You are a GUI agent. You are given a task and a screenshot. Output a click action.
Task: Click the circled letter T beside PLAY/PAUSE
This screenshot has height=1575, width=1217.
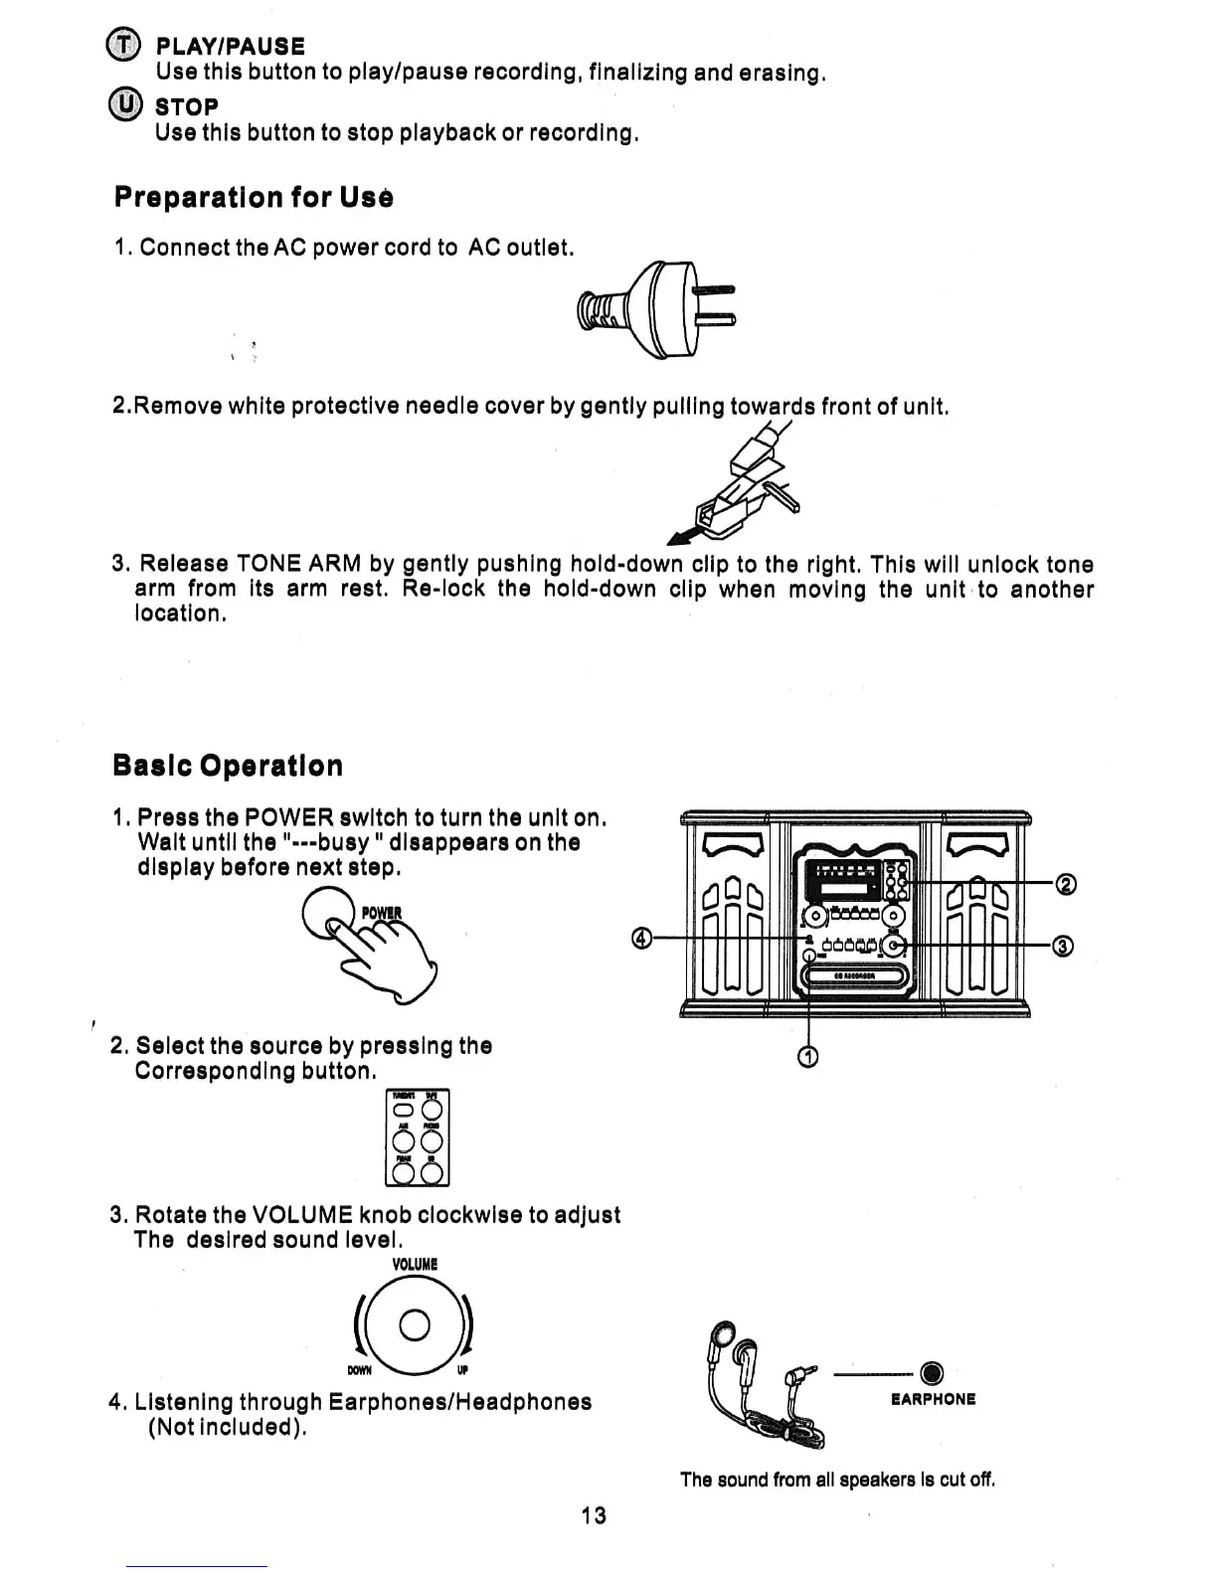point(122,46)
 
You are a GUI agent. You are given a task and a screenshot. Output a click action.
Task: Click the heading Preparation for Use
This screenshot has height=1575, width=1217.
point(254,197)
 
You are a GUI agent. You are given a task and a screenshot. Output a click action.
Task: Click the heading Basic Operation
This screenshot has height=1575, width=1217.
point(228,766)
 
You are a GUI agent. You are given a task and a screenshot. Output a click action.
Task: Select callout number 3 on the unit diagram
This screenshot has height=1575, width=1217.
point(1063,947)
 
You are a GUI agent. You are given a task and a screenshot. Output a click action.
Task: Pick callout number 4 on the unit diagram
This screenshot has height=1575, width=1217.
point(642,939)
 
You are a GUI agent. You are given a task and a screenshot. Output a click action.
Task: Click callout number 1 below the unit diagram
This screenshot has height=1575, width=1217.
point(808,1058)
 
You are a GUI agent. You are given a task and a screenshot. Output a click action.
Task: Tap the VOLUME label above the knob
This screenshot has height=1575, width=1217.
point(415,1265)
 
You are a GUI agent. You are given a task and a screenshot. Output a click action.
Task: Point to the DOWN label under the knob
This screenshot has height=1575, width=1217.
point(359,1371)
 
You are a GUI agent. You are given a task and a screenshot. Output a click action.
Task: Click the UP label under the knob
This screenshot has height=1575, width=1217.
point(464,1371)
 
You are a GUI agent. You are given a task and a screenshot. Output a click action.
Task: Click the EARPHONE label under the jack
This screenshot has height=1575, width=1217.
point(933,1399)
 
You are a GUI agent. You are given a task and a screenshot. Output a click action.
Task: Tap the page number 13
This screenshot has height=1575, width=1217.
point(594,1515)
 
